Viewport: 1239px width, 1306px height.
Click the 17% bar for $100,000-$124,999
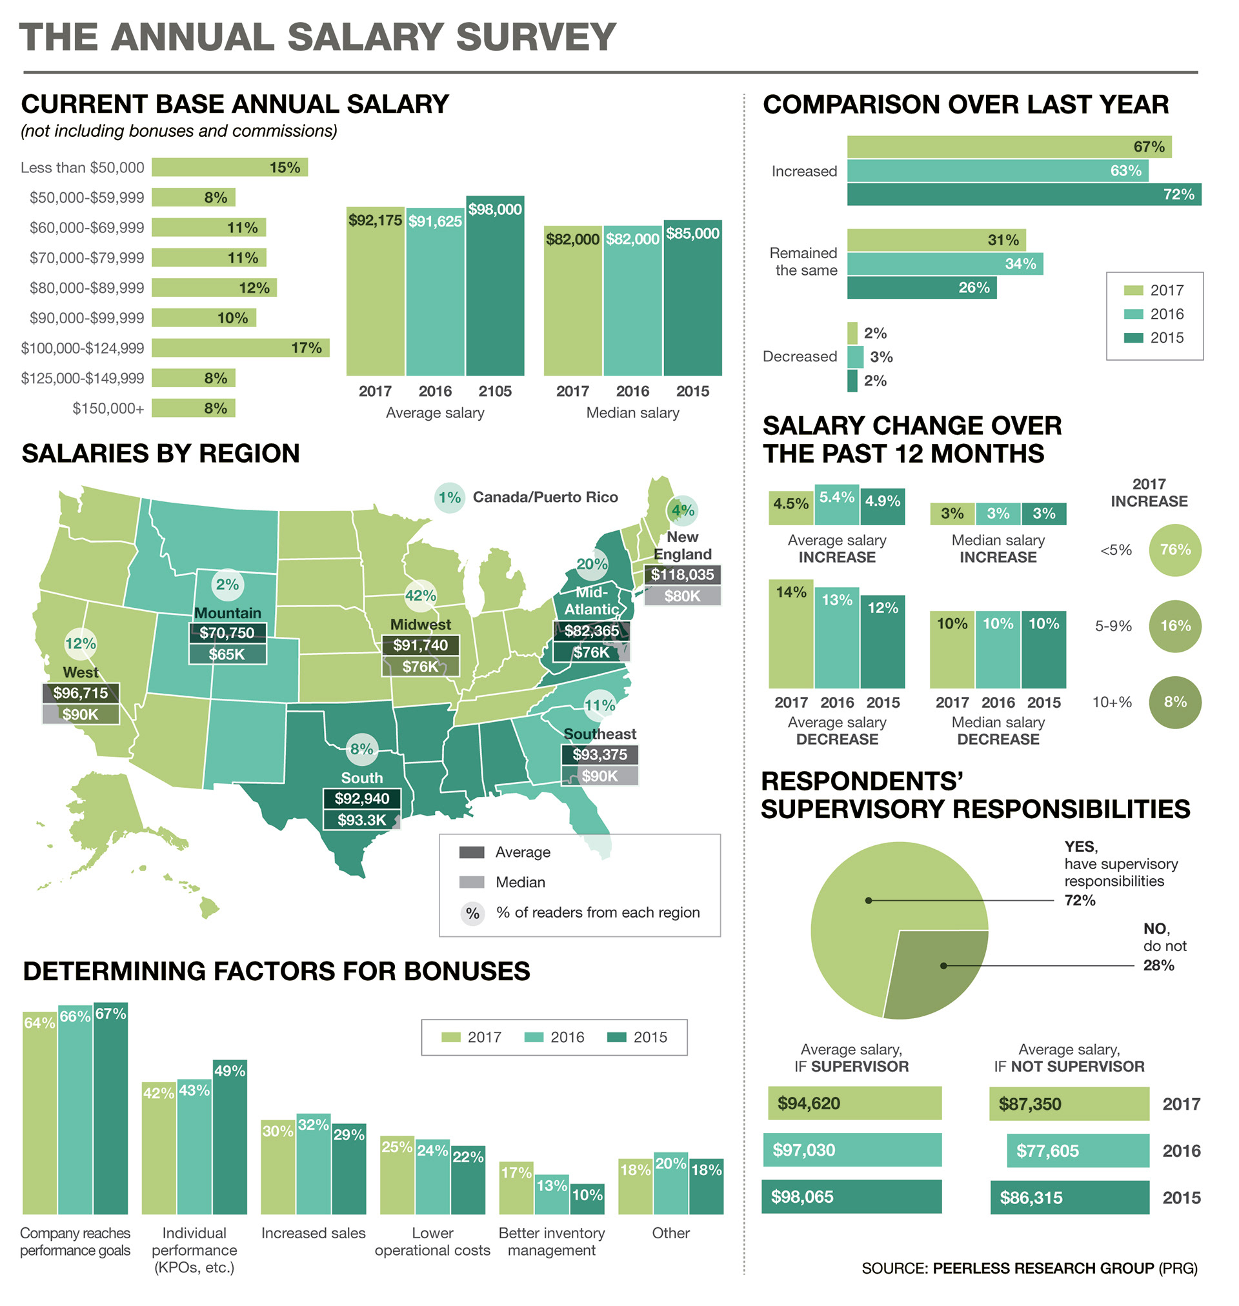[241, 348]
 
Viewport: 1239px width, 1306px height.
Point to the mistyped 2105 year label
[495, 392]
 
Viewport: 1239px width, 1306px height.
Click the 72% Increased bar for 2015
[1023, 195]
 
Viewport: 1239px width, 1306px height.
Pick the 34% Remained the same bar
[945, 264]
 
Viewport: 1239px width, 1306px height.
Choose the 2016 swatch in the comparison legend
[1133, 314]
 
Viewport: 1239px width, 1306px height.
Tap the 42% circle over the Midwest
[420, 596]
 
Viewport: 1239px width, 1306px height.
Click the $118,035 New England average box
[682, 574]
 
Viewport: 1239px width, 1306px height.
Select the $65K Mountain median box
[227, 654]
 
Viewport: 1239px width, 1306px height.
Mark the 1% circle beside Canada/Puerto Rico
[450, 497]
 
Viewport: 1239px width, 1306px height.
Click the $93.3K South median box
[362, 820]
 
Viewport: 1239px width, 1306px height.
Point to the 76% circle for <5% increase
[1175, 550]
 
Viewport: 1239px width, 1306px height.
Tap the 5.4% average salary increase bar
[837, 505]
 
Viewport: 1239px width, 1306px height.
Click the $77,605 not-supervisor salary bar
[1078, 1151]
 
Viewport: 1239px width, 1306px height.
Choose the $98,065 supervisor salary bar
[851, 1196]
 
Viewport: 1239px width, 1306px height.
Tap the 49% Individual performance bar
[230, 1137]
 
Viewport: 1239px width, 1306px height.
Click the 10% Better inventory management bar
[587, 1199]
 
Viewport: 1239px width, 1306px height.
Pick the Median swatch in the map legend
[472, 882]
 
